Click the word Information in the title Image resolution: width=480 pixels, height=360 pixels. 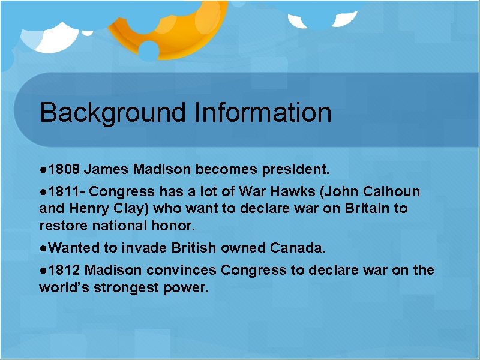coord(262,113)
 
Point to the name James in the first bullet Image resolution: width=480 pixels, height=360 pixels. coord(110,170)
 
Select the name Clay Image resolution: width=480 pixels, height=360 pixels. coord(133,209)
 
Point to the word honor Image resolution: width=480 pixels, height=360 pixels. coord(176,226)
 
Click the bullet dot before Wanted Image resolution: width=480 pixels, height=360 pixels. coord(43,248)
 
